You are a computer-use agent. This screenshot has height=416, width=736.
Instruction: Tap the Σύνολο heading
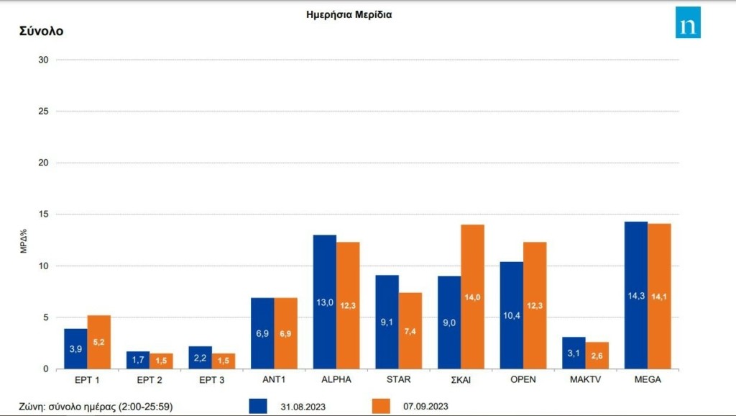coord(41,32)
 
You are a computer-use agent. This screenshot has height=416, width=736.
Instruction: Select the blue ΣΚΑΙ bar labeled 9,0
coord(449,322)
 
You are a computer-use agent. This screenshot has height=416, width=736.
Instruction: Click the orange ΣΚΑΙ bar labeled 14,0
coord(473,297)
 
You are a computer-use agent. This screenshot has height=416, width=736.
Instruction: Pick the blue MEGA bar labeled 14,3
coord(636,295)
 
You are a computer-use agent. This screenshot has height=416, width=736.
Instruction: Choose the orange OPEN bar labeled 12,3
coord(535,305)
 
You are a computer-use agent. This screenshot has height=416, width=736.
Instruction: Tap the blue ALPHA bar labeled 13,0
coord(325,302)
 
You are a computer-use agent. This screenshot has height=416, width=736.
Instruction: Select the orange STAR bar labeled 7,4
coord(410,330)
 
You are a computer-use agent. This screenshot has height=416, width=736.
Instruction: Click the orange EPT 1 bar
coord(99,342)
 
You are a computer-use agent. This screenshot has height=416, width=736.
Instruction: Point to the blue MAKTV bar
coord(574,353)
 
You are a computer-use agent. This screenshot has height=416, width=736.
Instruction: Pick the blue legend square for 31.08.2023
coord(258,406)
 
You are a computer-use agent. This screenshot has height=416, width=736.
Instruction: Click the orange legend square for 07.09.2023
coord(381,406)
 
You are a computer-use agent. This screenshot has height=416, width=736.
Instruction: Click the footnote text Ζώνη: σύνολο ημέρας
coord(96,407)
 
